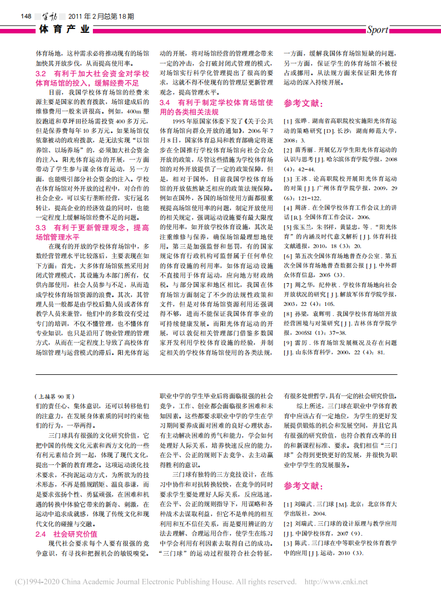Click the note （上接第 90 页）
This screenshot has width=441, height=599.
point(53,397)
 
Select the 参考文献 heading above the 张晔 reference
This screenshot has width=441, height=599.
point(303,103)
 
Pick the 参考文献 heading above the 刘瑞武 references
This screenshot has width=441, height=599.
point(303,486)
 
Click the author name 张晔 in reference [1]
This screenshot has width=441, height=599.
point(300,121)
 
